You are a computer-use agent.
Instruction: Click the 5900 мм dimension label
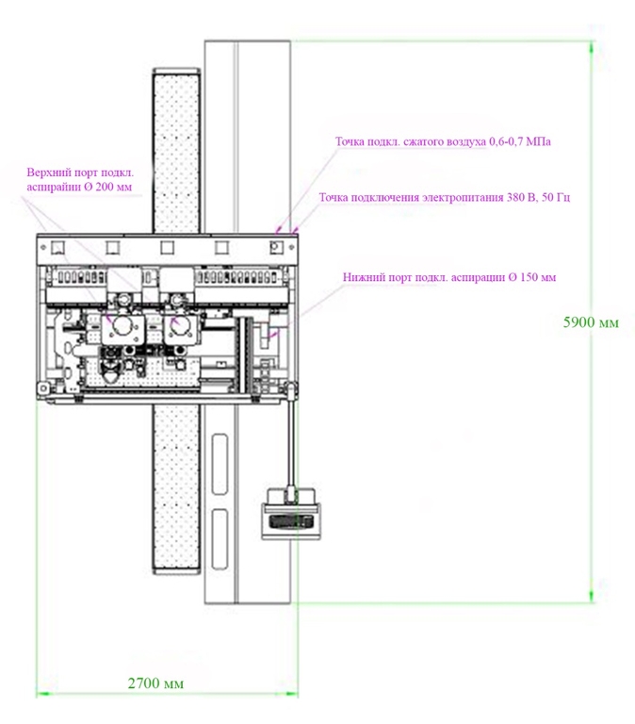[x=591, y=322]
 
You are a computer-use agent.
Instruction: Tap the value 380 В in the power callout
[x=518, y=198]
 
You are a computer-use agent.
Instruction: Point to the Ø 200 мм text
[x=108, y=189]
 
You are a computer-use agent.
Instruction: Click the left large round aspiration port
[x=123, y=324]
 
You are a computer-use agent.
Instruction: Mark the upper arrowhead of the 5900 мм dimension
[x=593, y=47]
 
